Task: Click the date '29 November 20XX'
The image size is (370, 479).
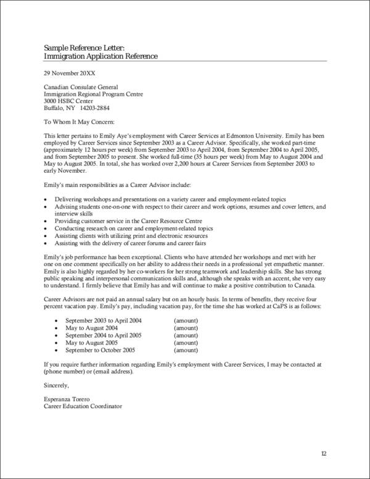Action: click(69, 72)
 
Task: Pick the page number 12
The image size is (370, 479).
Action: click(324, 454)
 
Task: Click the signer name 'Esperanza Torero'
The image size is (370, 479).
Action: click(67, 399)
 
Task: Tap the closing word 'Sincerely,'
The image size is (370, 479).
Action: click(57, 385)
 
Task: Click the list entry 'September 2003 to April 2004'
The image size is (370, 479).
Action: click(103, 321)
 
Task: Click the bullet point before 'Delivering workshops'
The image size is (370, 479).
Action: click(47, 201)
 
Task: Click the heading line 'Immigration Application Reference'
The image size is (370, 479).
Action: click(101, 56)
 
